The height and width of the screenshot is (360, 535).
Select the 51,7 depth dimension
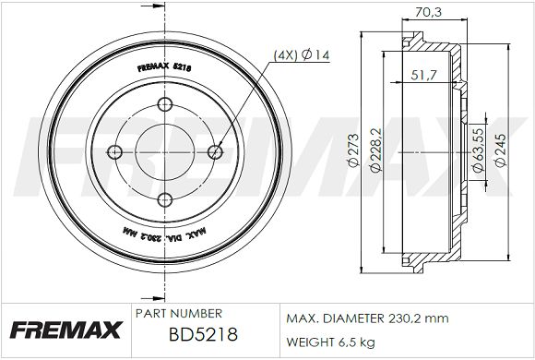click(x=423, y=75)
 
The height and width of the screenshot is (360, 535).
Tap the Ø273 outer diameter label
click(x=354, y=150)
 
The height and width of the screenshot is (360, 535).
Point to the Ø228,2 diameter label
click(x=376, y=150)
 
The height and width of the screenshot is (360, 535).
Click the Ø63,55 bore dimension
click(x=478, y=150)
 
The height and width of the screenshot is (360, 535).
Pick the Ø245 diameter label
click(x=501, y=150)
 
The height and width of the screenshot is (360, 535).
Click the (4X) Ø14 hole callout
click(x=302, y=55)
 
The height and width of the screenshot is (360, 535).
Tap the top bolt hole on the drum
click(x=165, y=103)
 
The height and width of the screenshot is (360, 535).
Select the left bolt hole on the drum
click(x=114, y=152)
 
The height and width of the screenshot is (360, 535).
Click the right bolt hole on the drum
click(x=215, y=152)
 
